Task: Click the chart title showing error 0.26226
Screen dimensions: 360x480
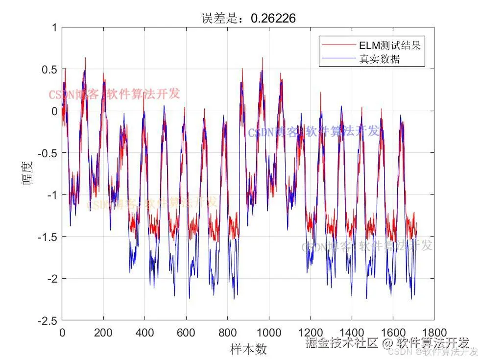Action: [248, 18]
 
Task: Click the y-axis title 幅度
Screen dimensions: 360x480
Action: [27, 173]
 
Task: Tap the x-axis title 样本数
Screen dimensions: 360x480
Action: [248, 349]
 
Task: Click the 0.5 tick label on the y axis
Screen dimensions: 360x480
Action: [48, 70]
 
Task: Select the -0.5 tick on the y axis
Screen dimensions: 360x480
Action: [46, 153]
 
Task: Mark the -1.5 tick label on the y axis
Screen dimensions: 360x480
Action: [46, 237]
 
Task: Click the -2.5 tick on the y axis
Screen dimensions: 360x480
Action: [46, 321]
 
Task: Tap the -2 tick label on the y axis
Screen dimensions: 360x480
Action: [49, 279]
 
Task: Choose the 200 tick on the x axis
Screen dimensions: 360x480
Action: [103, 332]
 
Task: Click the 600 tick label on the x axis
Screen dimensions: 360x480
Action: [186, 332]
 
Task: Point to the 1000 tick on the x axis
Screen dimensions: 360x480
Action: [268, 332]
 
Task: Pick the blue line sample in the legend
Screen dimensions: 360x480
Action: [338, 60]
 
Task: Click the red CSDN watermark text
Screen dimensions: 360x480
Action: [114, 95]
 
